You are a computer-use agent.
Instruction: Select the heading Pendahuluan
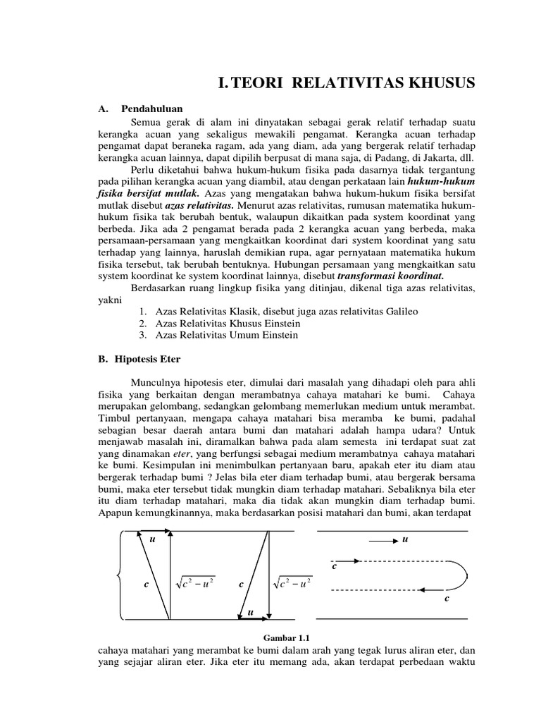[151, 109]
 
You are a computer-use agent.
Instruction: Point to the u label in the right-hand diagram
[405, 540]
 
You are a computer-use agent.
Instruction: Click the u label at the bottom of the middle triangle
[250, 613]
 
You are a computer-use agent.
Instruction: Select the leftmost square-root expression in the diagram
[194, 585]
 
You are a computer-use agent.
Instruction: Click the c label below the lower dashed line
[447, 599]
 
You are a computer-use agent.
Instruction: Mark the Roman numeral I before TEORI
[222, 85]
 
